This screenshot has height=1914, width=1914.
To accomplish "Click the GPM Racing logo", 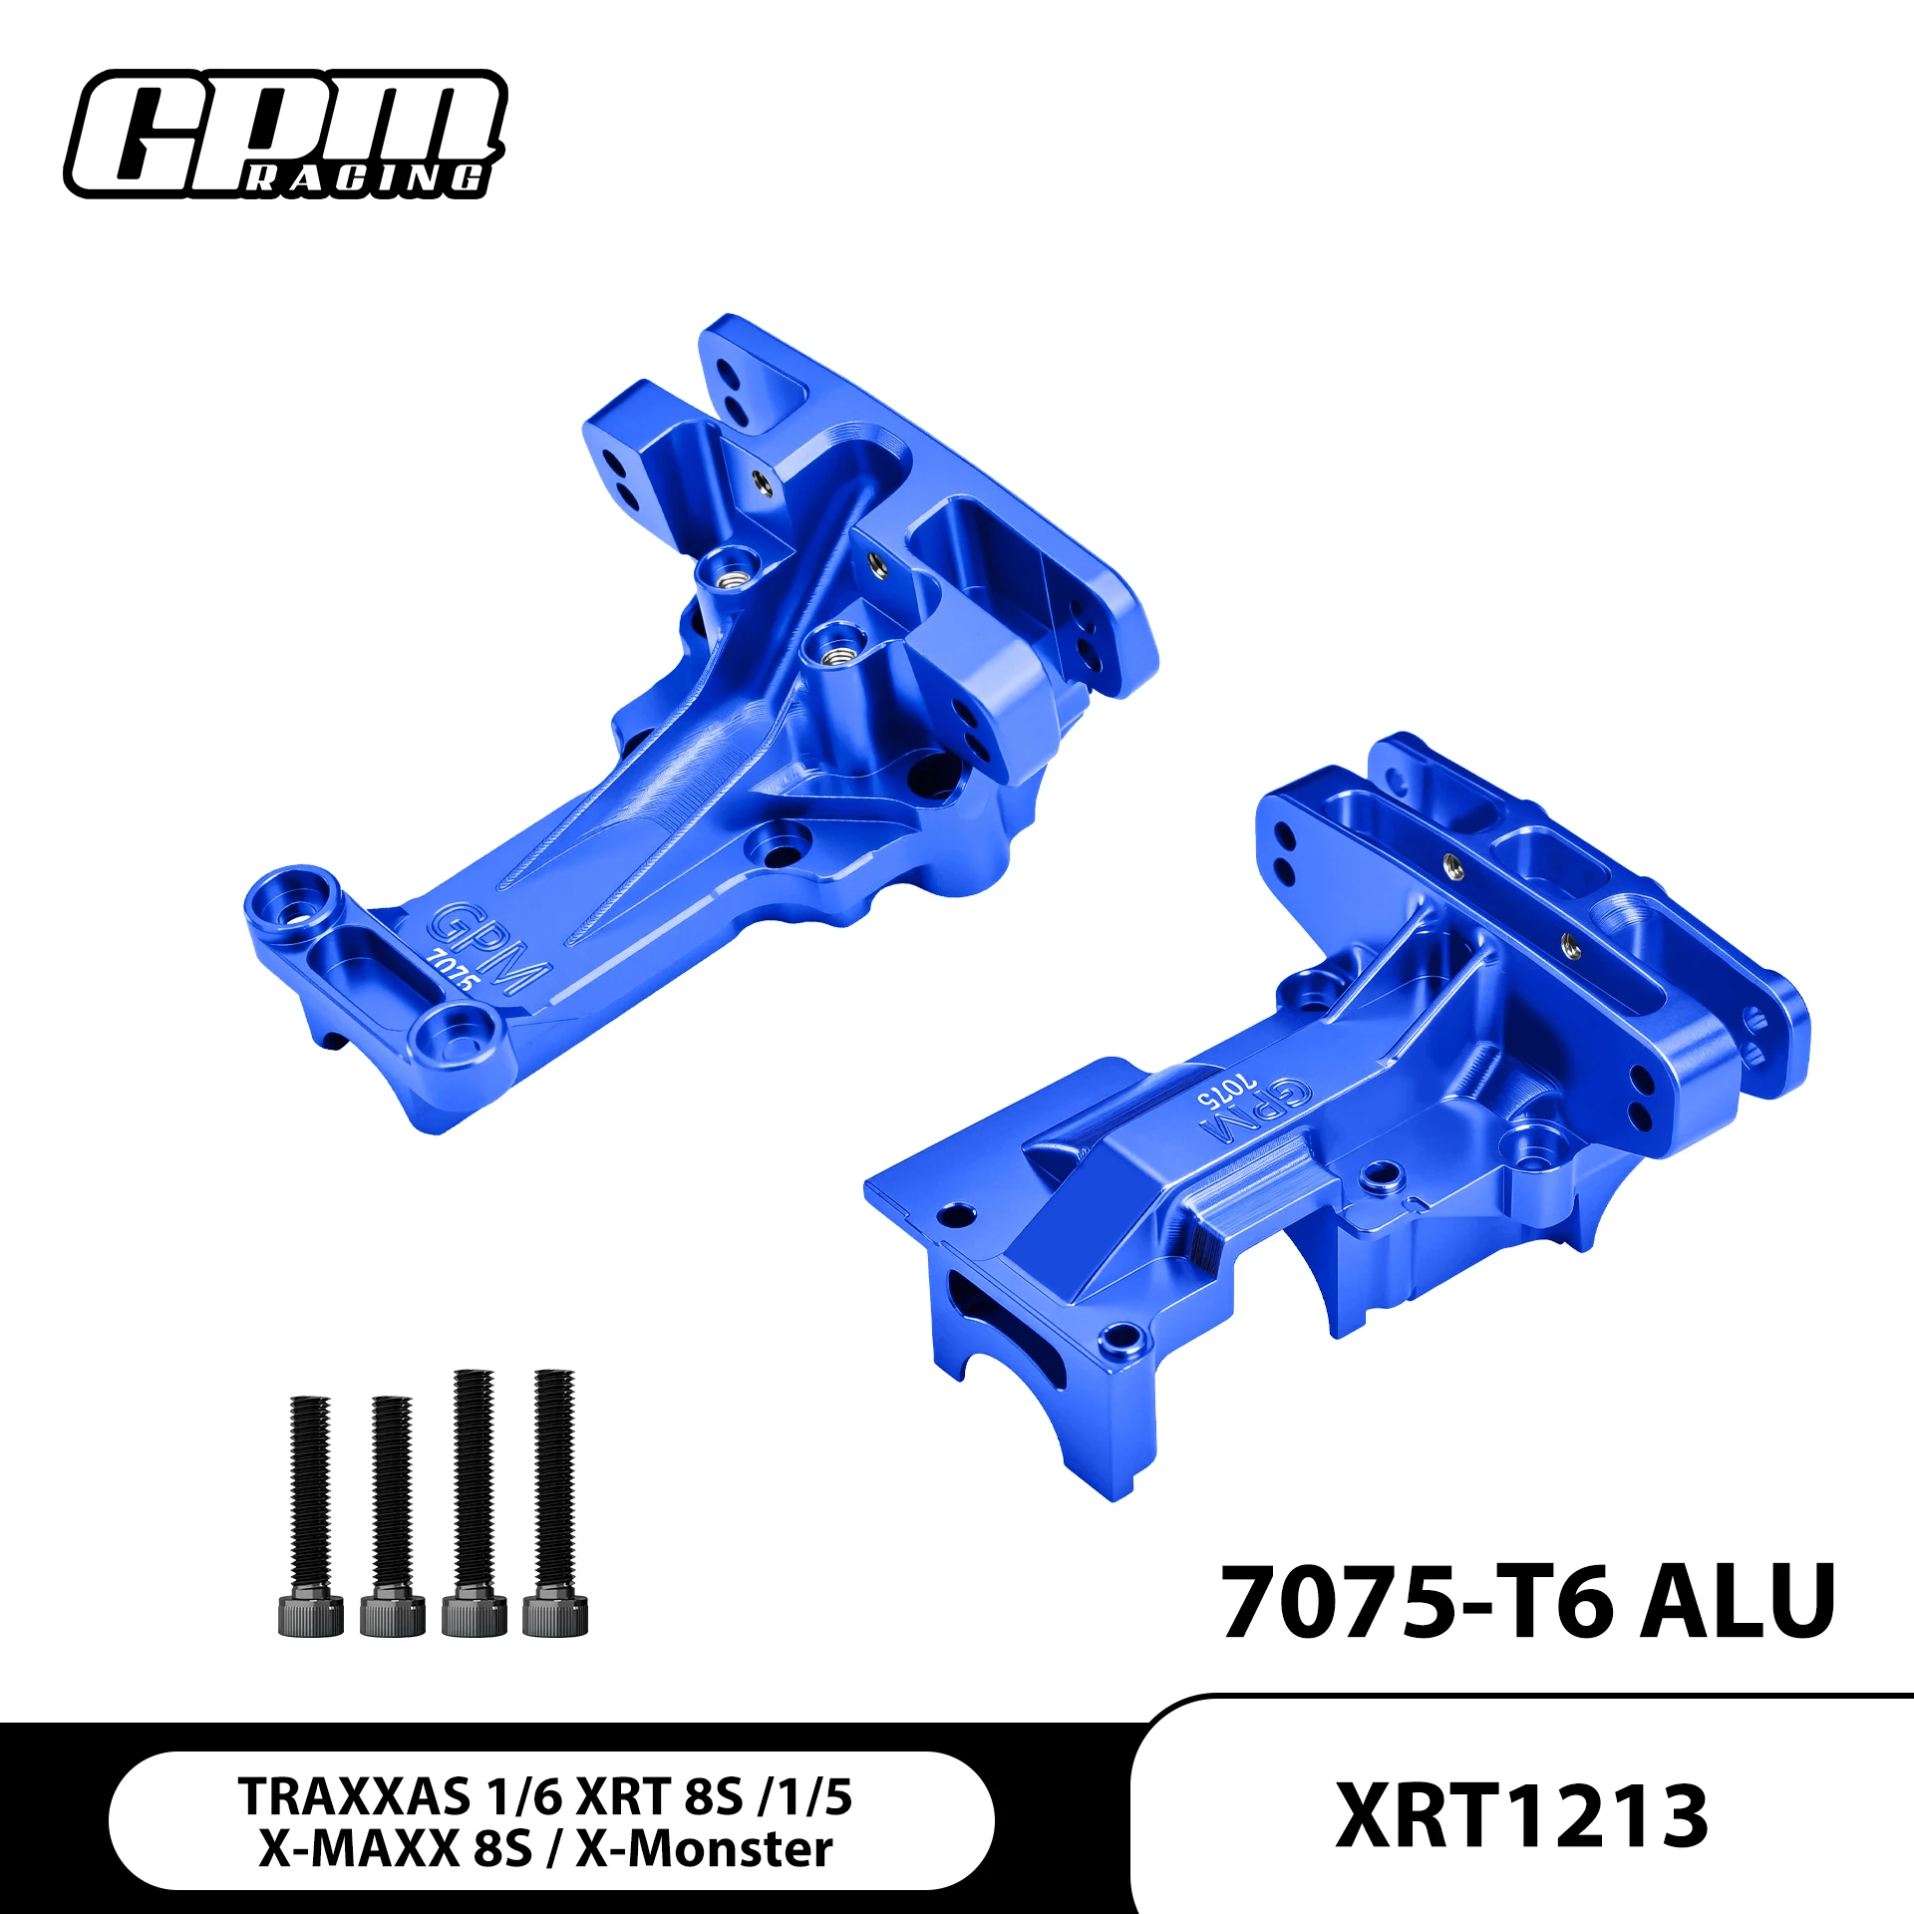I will (x=285, y=135).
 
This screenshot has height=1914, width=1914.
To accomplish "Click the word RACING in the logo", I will (x=366, y=179).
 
